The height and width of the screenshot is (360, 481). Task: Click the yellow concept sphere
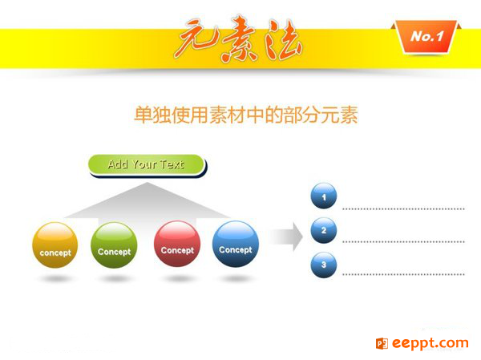point(55,245)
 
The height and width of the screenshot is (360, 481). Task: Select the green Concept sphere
point(114,245)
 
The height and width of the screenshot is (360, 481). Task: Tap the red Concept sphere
point(177,244)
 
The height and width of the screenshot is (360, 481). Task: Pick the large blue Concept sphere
point(236,244)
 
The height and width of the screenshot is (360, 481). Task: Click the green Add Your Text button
point(147,165)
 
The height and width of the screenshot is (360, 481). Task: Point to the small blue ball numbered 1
point(324,196)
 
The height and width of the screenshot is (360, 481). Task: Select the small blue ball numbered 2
point(324,230)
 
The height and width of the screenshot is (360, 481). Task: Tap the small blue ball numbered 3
point(324,265)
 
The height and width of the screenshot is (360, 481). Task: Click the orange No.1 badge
point(426,37)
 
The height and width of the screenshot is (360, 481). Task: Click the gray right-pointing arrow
point(286,237)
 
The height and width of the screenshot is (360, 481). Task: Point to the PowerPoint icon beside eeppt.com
point(382,343)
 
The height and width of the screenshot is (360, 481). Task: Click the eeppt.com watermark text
point(430,343)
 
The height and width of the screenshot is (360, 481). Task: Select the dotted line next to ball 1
point(403,209)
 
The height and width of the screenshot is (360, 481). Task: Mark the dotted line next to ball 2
point(403,242)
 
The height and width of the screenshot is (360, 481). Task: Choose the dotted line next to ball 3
point(403,274)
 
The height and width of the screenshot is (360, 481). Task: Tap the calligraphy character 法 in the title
point(283,39)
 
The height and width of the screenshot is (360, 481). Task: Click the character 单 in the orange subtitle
point(143,115)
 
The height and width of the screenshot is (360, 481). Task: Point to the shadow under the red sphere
point(179,279)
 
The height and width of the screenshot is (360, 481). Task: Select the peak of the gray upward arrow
point(147,183)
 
